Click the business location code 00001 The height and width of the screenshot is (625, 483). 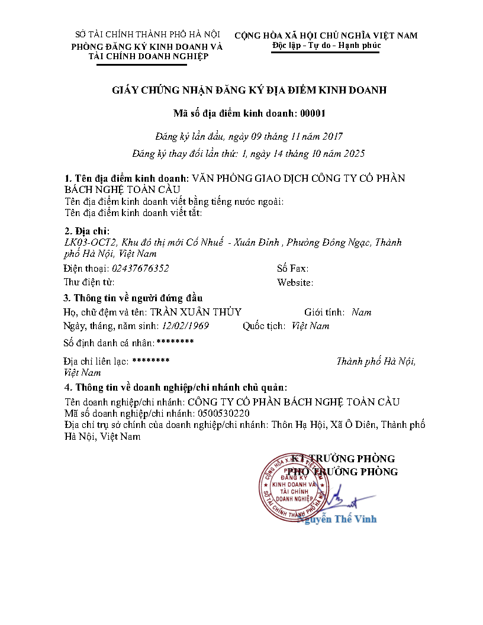pos(313,113)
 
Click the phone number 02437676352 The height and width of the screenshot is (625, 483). pos(141,268)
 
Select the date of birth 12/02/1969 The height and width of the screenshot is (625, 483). pos(185,326)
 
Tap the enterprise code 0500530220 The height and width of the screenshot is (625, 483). pos(224,413)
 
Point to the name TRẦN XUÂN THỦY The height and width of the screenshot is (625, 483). pos(195,312)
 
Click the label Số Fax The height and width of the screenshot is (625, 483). pos(292,269)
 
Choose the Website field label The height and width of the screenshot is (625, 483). pos(295,283)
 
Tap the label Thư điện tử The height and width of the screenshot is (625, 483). pos(89,282)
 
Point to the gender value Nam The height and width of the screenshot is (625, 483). pos(361,312)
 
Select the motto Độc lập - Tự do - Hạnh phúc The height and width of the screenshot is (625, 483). pos(326,46)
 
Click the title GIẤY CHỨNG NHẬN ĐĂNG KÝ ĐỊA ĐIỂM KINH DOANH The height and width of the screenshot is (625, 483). pos(249,90)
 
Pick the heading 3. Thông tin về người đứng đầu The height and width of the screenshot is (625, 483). pos(133,297)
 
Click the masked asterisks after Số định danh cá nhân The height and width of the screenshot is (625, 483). pos(175,342)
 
